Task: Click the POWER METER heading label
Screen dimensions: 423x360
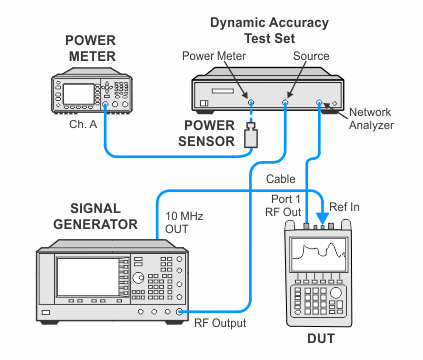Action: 91,48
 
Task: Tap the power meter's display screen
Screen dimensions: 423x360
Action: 79,94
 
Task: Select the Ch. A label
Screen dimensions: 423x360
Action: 83,124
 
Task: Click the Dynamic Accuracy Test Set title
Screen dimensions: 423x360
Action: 269,30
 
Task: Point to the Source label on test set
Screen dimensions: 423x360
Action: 311,56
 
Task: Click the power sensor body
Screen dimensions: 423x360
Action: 251,135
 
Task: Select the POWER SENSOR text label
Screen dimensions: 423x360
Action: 207,133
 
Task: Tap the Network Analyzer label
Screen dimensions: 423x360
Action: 371,119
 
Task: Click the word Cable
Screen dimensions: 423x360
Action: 281,179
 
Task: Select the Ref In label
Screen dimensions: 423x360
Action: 344,207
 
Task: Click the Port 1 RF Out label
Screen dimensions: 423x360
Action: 283,206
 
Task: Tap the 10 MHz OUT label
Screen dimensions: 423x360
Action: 184,222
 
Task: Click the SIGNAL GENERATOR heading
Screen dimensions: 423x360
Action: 96,216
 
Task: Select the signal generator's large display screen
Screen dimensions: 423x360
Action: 88,277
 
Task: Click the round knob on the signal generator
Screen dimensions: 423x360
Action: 138,277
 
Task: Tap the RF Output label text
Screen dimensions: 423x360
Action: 220,323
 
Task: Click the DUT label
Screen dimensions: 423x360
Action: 321,339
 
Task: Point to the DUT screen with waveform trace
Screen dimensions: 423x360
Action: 319,255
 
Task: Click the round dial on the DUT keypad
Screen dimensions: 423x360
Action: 336,293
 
